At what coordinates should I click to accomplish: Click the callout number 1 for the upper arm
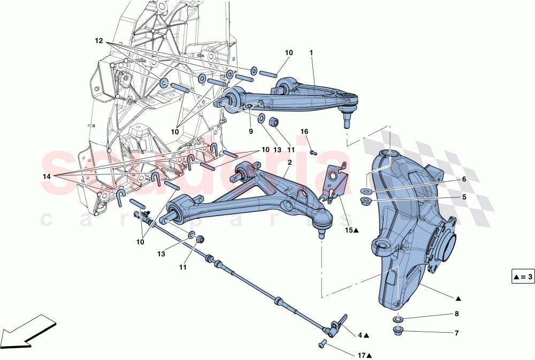[x=311, y=53]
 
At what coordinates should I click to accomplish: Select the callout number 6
[x=464, y=180]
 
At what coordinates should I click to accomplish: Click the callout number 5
[x=464, y=197]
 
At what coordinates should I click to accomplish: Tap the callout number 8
[x=456, y=315]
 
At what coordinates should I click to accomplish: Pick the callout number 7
[x=456, y=333]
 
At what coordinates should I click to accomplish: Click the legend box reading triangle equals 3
[x=522, y=277]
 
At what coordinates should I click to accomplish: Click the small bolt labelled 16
[x=313, y=152]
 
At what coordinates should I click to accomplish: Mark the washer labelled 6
[x=365, y=191]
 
